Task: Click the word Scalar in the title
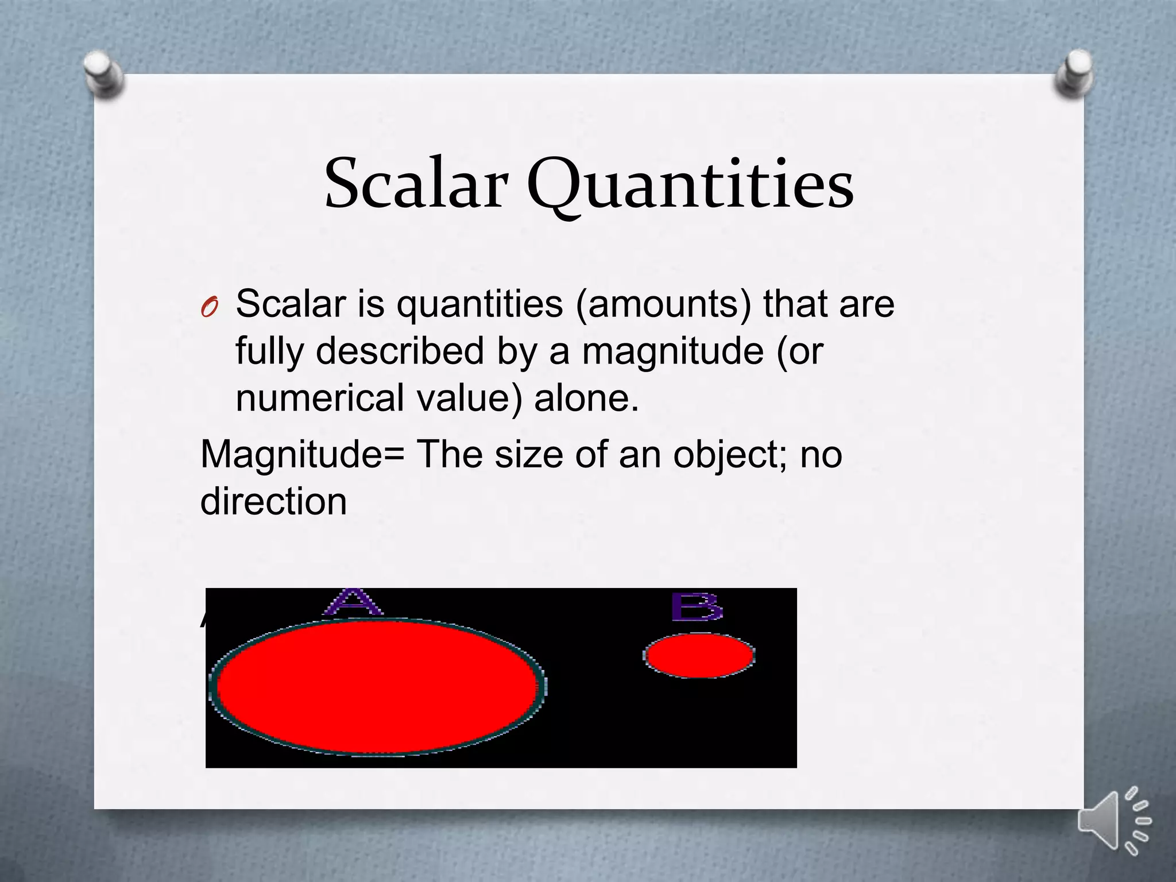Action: [x=416, y=184]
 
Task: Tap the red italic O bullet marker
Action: [x=210, y=308]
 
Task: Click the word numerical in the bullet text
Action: [x=320, y=398]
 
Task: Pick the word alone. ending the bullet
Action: [x=586, y=398]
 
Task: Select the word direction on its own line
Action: [x=273, y=501]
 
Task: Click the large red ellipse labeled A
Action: [x=377, y=686]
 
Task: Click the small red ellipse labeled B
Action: [x=699, y=655]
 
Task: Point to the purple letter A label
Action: [x=353, y=602]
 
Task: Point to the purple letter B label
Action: [x=697, y=608]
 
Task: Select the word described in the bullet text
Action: [x=400, y=351]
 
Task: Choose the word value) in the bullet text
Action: [x=469, y=398]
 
